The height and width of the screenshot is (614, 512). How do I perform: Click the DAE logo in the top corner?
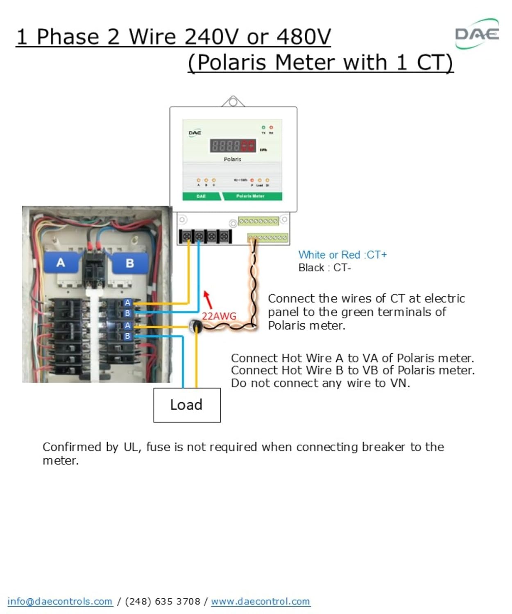pos(477,34)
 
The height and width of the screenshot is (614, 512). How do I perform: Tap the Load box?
pos(187,405)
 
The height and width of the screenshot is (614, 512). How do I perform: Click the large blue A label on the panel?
pos(61,262)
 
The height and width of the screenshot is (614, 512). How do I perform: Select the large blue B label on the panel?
pos(129,263)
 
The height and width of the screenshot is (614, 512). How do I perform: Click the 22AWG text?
pos(219,316)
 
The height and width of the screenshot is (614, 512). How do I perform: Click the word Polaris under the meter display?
pos(232,159)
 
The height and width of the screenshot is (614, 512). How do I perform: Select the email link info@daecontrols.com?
pos(60,601)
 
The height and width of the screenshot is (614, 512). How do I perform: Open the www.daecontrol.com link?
pos(261,601)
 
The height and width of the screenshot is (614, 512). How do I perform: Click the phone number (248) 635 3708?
pos(163,601)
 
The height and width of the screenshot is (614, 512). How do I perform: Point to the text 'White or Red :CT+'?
pos(342,255)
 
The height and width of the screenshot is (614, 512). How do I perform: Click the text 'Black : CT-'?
pos(324,268)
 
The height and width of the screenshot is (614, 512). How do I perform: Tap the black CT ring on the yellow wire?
pos(195,326)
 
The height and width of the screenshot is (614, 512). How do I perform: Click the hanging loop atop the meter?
pos(233,101)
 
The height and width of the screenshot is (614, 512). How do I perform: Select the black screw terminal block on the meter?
pos(205,236)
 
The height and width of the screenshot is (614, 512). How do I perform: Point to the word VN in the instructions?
pos(399,383)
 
